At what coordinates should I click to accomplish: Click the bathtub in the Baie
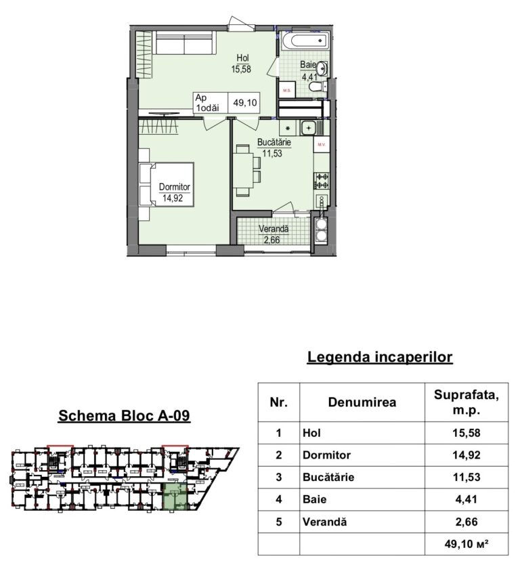(x=305, y=41)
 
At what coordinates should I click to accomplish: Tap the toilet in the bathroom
(x=318, y=87)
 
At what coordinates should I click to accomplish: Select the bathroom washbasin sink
(x=322, y=68)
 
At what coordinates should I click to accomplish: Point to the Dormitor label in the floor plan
(x=175, y=187)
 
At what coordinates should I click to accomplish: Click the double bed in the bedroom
(x=166, y=184)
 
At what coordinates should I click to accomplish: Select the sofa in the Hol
(x=184, y=43)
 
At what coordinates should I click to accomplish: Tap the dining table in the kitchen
(x=242, y=171)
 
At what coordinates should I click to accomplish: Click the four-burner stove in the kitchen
(x=322, y=181)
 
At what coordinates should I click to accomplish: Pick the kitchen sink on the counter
(x=308, y=128)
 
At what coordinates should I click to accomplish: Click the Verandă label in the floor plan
(x=274, y=229)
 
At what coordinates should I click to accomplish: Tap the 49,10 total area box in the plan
(x=226, y=102)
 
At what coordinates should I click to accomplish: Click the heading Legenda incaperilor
(x=380, y=357)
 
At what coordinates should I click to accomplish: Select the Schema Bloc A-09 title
(x=124, y=415)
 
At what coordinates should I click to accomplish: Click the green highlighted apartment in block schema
(x=175, y=497)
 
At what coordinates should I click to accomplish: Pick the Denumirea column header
(x=362, y=402)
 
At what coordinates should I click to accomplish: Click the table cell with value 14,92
(x=467, y=455)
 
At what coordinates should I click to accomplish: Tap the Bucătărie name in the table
(x=328, y=477)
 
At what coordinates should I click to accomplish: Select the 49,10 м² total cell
(x=467, y=543)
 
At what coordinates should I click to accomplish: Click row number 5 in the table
(x=278, y=522)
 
